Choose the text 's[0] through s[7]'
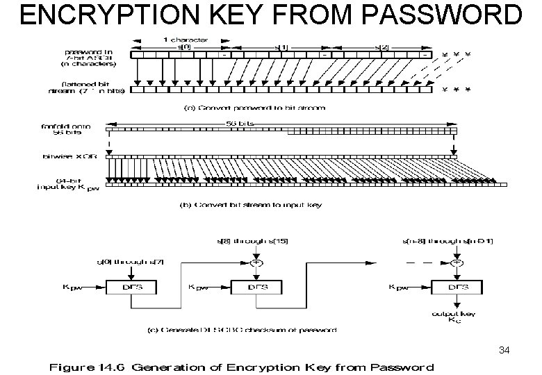[x=123, y=262]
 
